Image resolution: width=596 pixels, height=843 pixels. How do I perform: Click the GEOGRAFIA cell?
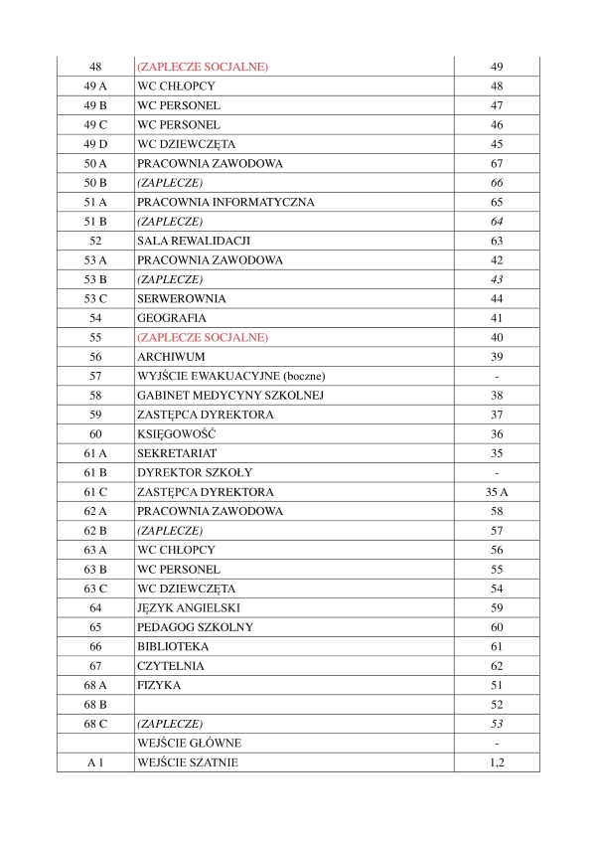(x=172, y=318)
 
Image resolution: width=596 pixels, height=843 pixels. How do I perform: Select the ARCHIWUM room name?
(x=171, y=357)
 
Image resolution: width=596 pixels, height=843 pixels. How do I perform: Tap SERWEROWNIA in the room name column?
(x=182, y=299)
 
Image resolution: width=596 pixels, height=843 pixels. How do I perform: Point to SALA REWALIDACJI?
(x=194, y=241)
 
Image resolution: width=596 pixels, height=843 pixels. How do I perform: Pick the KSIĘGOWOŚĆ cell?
(x=177, y=434)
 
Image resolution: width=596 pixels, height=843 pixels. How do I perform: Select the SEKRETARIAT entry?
(x=177, y=453)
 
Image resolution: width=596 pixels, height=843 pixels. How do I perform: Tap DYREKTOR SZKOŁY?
(x=196, y=473)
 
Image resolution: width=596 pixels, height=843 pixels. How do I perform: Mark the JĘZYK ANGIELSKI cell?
(x=189, y=608)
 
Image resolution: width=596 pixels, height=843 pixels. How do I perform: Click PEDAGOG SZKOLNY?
(x=195, y=627)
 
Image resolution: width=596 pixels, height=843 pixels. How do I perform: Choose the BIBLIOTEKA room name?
(x=173, y=647)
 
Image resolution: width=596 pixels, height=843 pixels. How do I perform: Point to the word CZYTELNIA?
(x=172, y=666)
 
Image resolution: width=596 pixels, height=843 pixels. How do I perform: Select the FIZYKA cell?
(x=159, y=686)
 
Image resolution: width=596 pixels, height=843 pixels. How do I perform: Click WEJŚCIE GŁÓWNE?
(x=190, y=744)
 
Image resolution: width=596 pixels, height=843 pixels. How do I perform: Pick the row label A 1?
(x=95, y=762)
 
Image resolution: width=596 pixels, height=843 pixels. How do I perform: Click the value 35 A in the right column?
(x=497, y=492)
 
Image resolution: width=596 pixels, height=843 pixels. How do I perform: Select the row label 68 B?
(x=95, y=705)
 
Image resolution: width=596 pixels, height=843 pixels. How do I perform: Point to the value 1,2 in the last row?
(x=497, y=762)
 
